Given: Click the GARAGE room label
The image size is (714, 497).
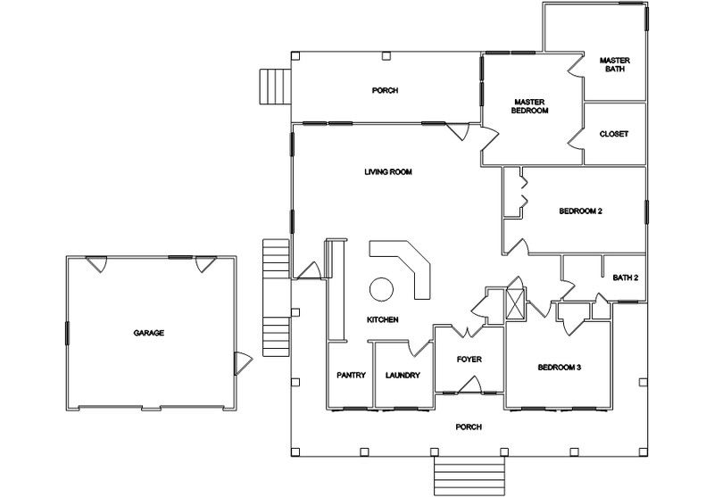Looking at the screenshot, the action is pos(148,333).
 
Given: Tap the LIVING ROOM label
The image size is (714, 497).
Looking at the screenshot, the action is pos(388,171).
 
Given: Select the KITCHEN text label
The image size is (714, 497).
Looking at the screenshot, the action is pos(383,319).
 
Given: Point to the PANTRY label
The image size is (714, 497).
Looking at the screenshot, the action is pos(351,375).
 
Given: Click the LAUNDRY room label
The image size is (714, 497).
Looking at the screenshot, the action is pos(403,375).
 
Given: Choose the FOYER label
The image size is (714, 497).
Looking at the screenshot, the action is pos(469,359).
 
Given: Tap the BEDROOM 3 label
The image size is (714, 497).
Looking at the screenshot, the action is pos(560,368).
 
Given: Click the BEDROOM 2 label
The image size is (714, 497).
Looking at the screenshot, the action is pos(581,211).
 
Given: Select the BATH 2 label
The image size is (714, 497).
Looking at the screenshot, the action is pos(626,277).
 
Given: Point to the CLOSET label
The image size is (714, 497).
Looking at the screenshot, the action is pos(614,134).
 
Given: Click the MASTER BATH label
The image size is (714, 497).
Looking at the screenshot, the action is pos(615,64).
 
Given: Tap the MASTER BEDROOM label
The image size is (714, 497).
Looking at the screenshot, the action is pos(529,106).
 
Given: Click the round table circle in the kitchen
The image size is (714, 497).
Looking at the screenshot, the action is pos(382,289).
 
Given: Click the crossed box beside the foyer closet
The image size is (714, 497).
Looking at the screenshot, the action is pos(516,304).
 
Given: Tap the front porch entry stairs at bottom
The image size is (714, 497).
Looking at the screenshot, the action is pos(469,476).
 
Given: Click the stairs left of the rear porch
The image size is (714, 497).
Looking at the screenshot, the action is pos(275,87).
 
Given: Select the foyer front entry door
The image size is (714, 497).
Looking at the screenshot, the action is pos(470,385).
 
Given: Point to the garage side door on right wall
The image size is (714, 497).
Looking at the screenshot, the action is pos(242,363).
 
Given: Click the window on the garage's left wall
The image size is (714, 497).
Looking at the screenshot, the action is pos(68,333).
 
